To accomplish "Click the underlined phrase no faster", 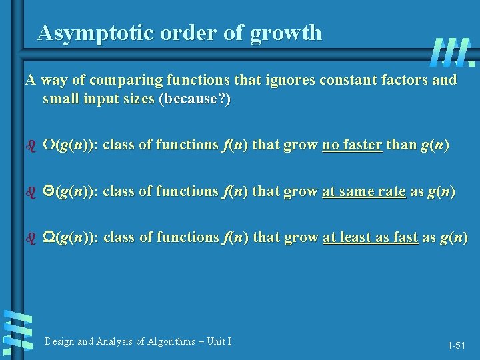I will point(352,145).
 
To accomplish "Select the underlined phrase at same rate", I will point(363,191).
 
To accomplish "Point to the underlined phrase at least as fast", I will point(370,238).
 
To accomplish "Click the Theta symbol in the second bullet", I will point(49,191).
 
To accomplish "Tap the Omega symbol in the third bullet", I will point(49,238).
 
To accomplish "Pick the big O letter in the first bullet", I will point(49,145).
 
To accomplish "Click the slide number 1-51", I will point(457,345).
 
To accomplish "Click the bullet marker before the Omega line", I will point(28,239).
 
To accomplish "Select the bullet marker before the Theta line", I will point(28,192).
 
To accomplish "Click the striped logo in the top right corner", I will point(453,52).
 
